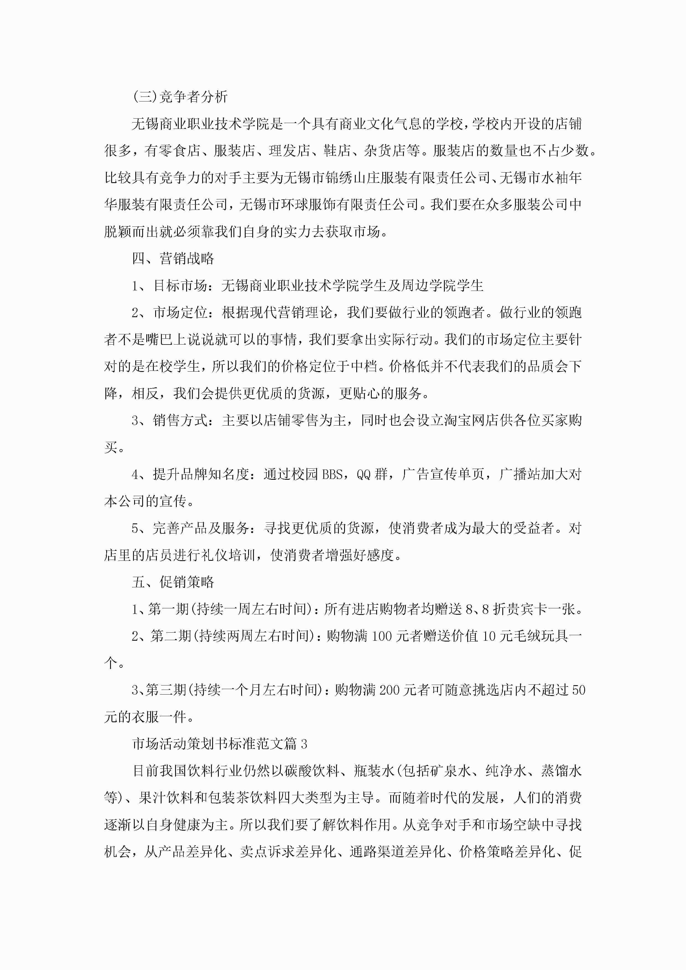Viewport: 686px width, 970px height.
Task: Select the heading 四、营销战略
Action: point(173,259)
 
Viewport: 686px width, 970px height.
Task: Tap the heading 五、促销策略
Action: point(173,582)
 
